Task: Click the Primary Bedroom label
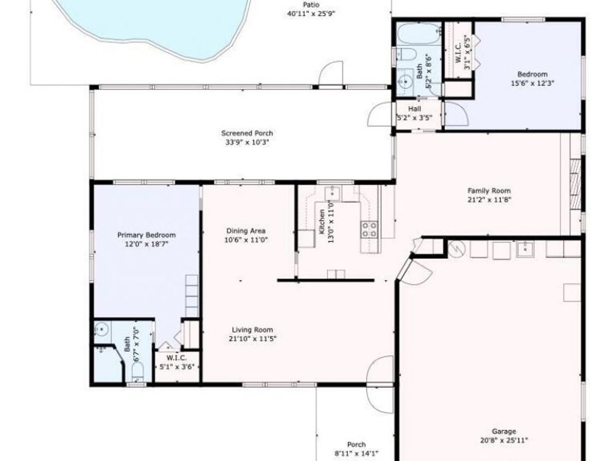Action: (146, 234)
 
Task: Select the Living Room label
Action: (252, 329)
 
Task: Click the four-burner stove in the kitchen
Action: (370, 229)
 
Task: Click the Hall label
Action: (415, 109)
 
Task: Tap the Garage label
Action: (504, 431)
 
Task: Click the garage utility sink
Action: (525, 250)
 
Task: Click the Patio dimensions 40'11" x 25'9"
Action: (311, 13)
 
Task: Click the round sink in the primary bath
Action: (102, 329)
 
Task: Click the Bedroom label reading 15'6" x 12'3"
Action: (532, 74)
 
